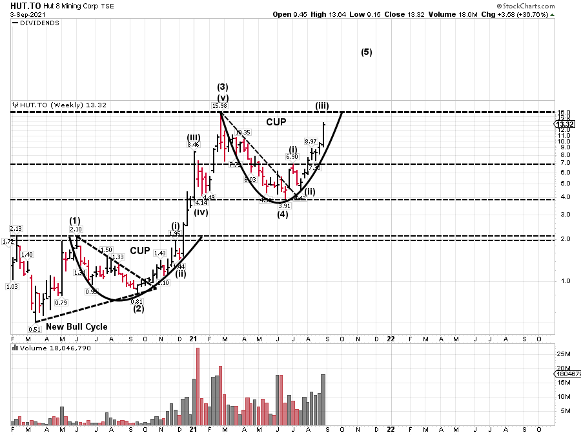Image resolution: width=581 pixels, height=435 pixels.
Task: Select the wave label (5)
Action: tap(366, 52)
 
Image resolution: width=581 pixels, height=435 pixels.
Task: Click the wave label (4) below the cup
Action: tap(283, 215)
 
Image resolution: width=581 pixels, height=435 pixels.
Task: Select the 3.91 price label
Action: tap(284, 206)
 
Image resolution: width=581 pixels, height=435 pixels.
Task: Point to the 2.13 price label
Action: tap(16, 229)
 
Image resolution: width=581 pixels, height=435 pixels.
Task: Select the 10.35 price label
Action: tap(242, 132)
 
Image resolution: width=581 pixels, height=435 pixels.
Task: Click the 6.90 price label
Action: tap(292, 157)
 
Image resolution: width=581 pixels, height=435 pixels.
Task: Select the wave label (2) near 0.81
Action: tap(138, 309)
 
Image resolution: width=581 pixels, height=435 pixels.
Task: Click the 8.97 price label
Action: tap(311, 142)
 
